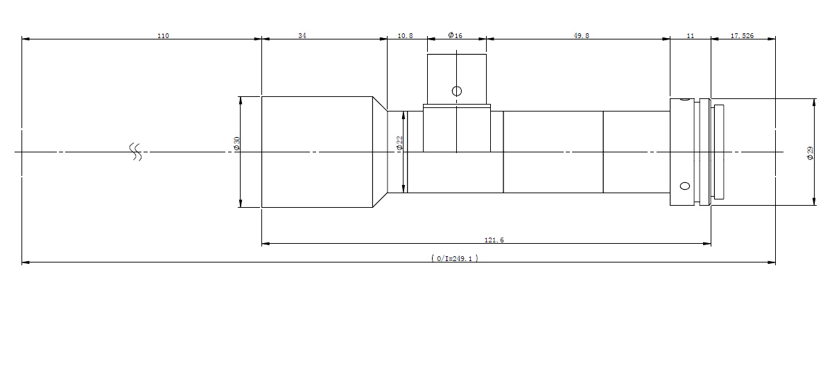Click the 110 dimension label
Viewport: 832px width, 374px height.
coord(163,35)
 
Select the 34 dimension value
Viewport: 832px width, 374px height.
coord(302,35)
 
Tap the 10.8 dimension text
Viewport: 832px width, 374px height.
coord(405,35)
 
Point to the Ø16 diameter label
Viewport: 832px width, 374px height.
coord(455,35)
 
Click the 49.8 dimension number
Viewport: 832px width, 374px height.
coord(581,35)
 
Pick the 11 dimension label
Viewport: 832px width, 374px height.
coord(690,35)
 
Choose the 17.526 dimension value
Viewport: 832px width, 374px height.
coord(742,35)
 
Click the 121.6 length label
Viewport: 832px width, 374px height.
coord(494,240)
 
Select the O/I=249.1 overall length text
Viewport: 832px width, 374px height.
coord(455,258)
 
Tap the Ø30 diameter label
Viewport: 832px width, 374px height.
coord(236,143)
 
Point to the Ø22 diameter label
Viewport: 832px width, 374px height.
coord(399,143)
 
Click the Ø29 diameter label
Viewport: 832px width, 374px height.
coord(810,153)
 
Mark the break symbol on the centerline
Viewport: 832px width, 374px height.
coord(136,152)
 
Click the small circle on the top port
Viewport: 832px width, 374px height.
coord(457,91)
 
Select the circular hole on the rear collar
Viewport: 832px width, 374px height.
coord(685,186)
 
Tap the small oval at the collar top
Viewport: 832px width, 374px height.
coord(684,99)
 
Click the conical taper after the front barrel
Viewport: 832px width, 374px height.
coord(380,152)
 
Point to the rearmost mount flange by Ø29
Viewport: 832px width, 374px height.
coord(719,152)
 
